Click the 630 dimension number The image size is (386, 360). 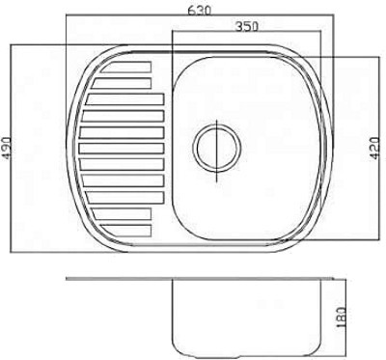tap(200, 11)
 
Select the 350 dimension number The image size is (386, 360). tap(247, 26)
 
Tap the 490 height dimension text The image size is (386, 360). tap(7, 148)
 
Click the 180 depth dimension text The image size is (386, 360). tap(342, 317)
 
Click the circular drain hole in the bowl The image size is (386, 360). tap(217, 148)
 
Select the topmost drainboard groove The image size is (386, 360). tap(126, 67)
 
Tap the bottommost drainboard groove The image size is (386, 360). tap(126, 230)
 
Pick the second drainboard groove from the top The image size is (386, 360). tap(122, 83)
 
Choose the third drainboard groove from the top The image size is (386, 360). tap(125, 99)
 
